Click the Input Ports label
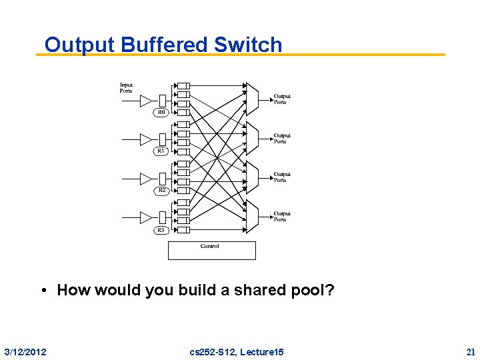click(126, 88)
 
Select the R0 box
click(161, 113)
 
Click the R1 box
click(161, 151)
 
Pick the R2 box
click(161, 191)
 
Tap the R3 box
click(161, 230)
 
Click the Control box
click(211, 250)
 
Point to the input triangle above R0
click(146, 101)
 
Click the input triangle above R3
click(146, 217)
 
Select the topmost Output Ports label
click(282, 99)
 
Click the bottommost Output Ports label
click(282, 217)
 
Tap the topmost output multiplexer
click(251, 98)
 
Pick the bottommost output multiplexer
click(251, 215)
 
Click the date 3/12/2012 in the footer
click(25, 351)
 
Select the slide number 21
click(471, 351)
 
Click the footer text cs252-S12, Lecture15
click(237, 351)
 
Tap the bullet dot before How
click(43, 290)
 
